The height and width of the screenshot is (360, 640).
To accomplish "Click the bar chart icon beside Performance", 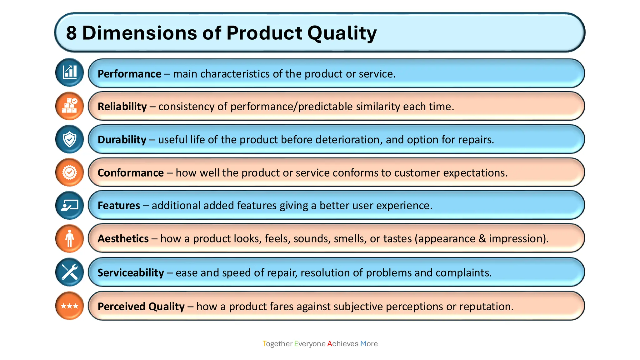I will click(69, 72).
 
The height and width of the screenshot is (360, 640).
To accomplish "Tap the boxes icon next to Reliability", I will click(69, 106).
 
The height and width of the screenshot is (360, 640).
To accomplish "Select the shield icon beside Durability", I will click(69, 139).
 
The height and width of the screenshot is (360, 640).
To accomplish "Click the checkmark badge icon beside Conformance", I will click(69, 172).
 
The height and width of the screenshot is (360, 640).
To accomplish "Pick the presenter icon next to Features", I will click(69, 205).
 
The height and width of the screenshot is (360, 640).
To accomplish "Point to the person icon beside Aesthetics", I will click(69, 238).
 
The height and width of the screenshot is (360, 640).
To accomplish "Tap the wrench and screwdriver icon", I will click(69, 272).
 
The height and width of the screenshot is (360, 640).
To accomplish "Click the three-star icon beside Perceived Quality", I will click(69, 306).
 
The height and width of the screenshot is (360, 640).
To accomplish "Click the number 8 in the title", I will click(71, 33).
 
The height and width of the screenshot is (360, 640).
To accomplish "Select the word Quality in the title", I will click(342, 33).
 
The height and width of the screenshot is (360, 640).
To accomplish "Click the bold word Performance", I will click(129, 74).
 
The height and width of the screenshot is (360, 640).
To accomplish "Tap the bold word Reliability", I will click(122, 107).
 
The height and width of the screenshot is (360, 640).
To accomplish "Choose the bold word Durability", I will click(122, 140).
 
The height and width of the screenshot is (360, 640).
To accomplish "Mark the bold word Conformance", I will click(131, 173).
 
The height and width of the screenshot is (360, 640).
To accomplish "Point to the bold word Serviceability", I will click(131, 273).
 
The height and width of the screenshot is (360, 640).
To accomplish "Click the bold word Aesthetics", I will click(123, 239).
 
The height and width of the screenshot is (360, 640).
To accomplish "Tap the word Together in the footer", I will click(277, 344).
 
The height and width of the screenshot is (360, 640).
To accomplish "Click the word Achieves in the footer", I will click(342, 344).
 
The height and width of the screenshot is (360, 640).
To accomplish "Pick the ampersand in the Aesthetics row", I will click(482, 239).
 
